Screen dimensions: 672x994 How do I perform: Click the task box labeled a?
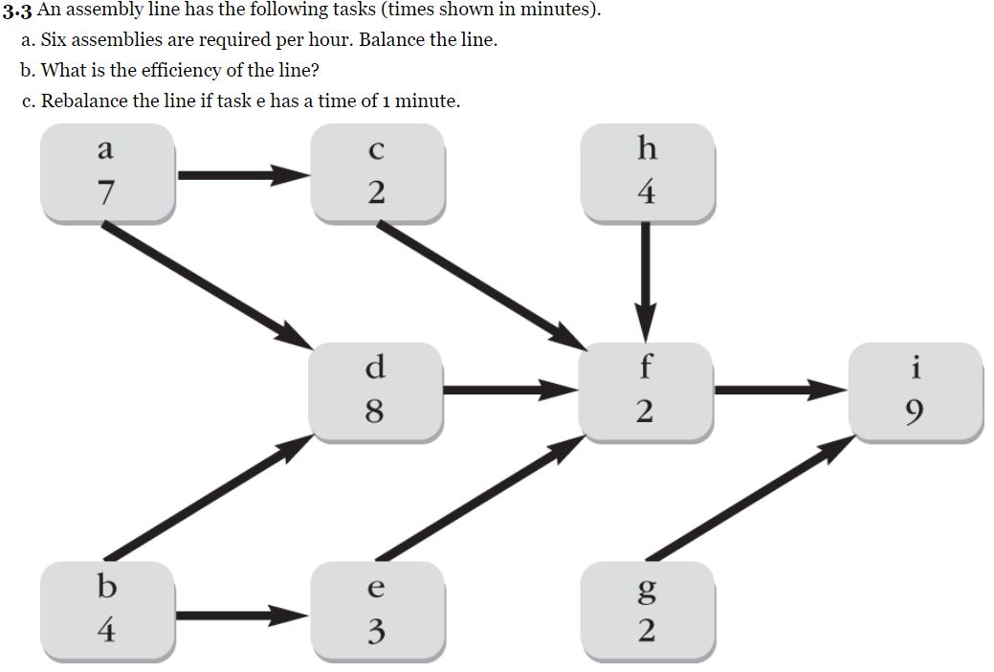click(106, 173)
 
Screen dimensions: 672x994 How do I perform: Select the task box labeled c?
click(377, 173)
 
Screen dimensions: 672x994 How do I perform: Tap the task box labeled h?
click(647, 173)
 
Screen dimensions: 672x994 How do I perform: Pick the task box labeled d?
click(376, 391)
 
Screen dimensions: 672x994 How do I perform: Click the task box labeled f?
click(647, 391)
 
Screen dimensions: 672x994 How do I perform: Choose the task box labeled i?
click(917, 391)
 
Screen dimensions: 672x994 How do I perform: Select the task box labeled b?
click(106, 609)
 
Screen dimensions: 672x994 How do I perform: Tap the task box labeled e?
click(377, 609)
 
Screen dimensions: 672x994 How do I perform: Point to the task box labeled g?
click(647, 609)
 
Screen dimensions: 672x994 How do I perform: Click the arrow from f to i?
click(779, 390)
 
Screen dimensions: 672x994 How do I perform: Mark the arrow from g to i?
click(751, 497)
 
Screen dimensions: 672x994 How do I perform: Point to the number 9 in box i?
click(917, 412)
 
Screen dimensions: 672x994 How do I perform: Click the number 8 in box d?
click(376, 412)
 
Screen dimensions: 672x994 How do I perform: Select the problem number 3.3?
click(17, 11)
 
